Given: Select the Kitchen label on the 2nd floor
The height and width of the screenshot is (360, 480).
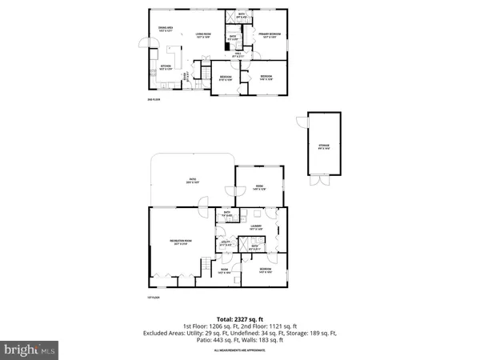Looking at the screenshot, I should [x=166, y=67].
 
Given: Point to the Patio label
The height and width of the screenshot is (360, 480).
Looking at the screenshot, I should [x=193, y=180].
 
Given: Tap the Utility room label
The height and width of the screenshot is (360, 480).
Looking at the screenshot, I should [x=226, y=243].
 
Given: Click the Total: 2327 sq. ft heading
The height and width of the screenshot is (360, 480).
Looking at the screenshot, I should [x=239, y=318].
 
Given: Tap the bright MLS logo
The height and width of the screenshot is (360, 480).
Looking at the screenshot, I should [x=30, y=350].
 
